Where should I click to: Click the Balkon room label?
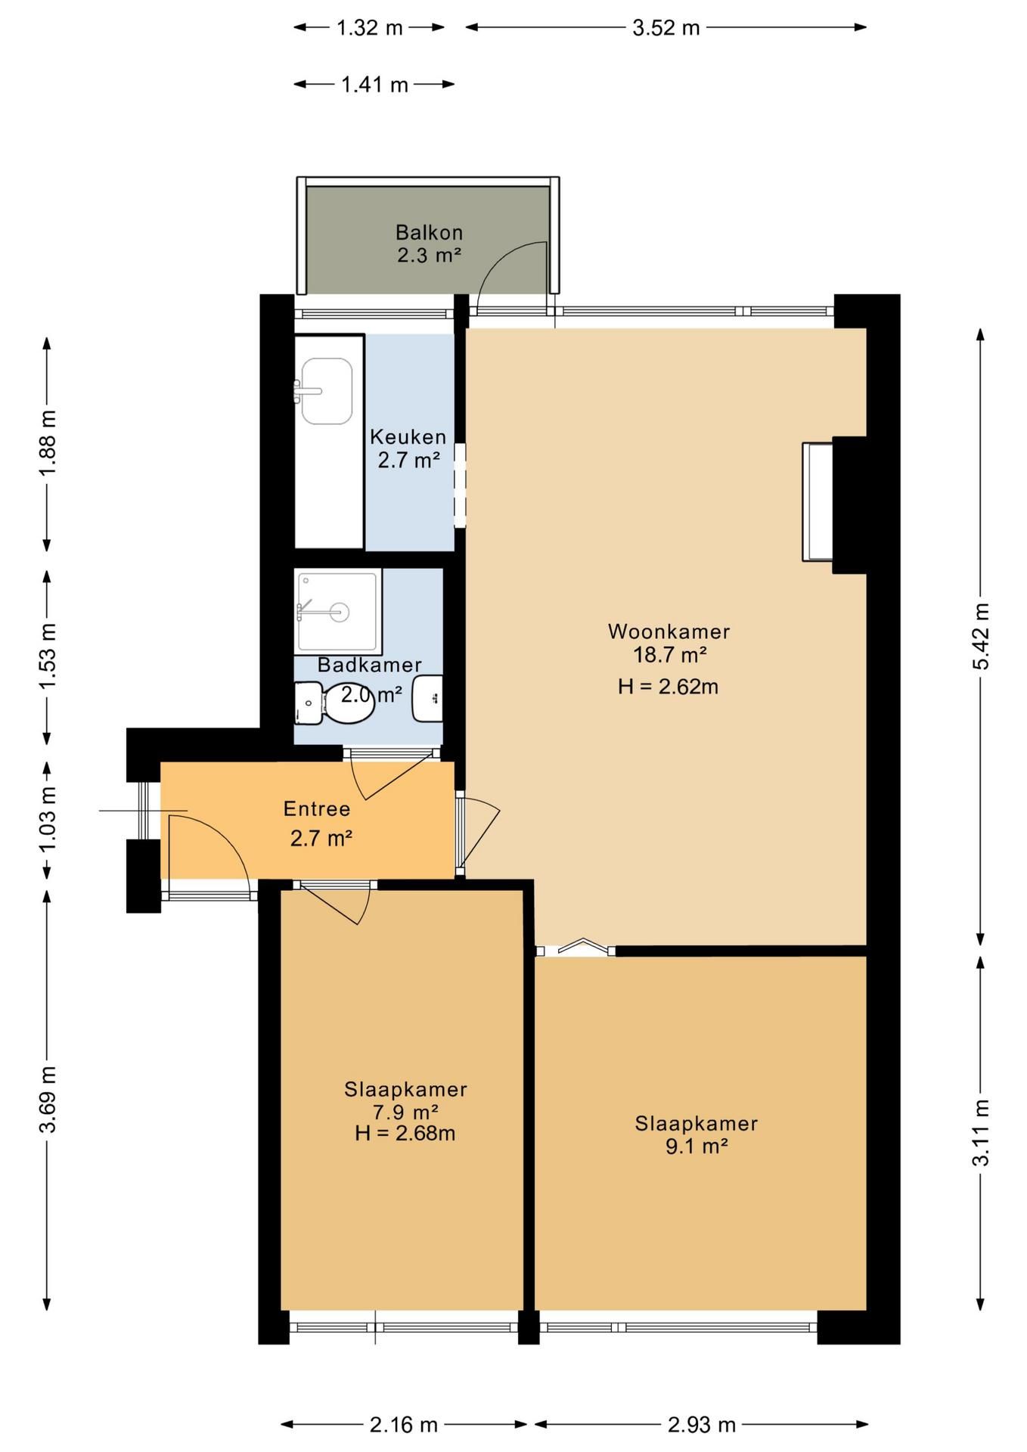429,232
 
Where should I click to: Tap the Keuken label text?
408,436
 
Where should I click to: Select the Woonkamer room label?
669,631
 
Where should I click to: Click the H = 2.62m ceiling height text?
668,686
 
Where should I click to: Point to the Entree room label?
317,808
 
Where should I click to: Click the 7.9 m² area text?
405,1112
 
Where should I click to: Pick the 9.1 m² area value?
697,1146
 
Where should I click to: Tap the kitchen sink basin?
327,391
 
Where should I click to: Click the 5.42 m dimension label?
981,636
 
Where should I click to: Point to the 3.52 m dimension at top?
666,28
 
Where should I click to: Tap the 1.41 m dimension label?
374,84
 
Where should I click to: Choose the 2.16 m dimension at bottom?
404,1425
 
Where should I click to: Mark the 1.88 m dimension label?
48,442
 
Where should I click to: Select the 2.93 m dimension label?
702,1425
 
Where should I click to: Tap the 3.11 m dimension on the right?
981,1133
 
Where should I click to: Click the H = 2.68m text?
405,1133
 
